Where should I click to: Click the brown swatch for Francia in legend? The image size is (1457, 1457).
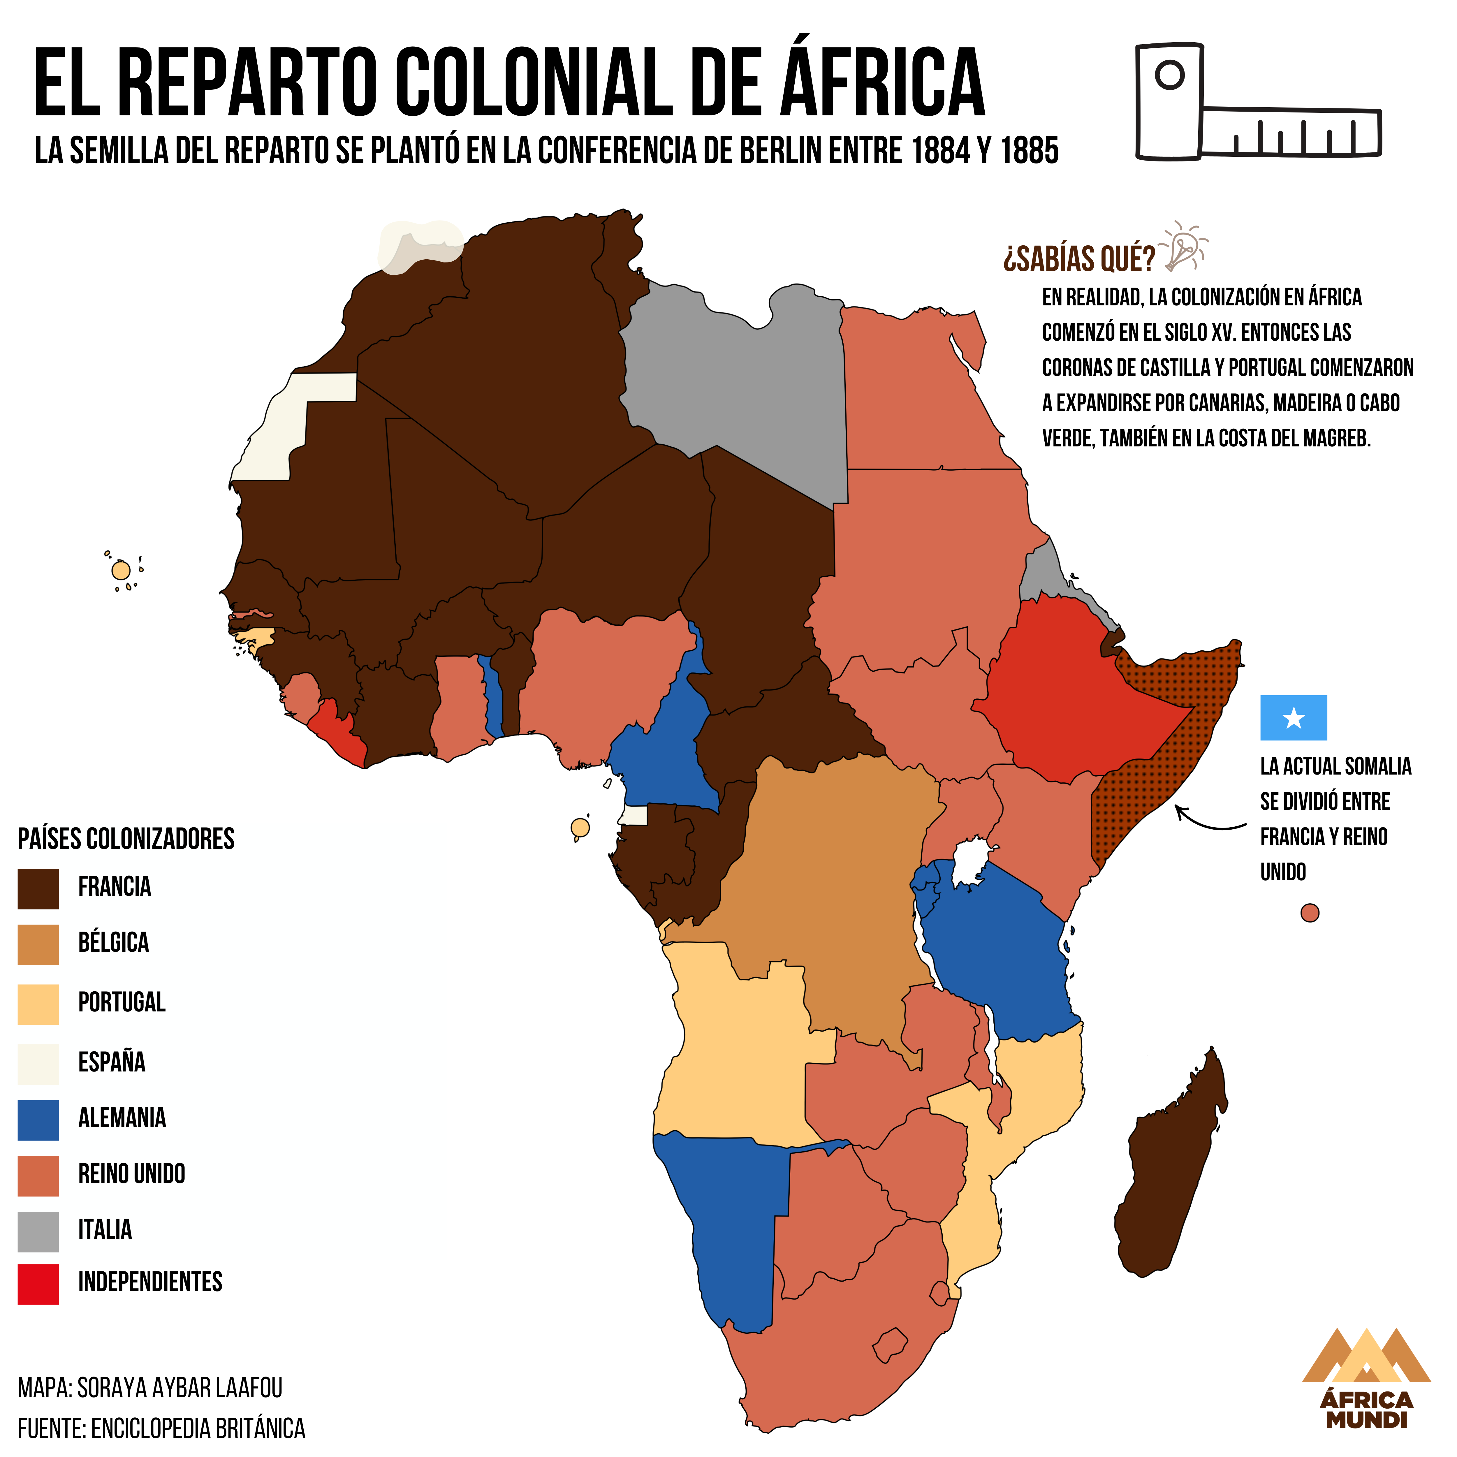pos(38,888)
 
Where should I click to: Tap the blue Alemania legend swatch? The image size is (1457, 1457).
pos(38,1120)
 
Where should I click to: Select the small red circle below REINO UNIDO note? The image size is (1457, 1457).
pos(1310,913)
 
